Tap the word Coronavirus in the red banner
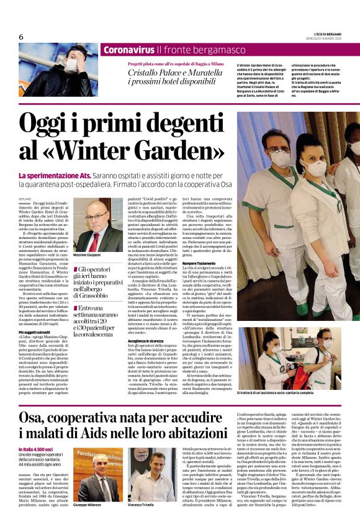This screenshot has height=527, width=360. coord(128,50)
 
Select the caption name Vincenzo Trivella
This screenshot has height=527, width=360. coord(140,505)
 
